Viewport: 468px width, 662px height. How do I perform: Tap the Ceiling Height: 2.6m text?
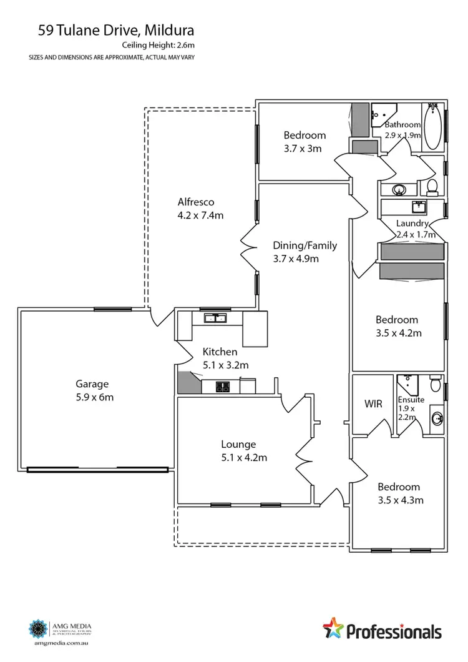click(158, 45)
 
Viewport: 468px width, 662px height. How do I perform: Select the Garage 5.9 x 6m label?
click(92, 390)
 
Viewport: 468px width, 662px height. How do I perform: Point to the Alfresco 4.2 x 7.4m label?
click(200, 209)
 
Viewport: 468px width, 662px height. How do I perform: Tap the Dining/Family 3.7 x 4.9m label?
click(305, 252)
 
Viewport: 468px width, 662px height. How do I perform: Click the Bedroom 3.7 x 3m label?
click(304, 141)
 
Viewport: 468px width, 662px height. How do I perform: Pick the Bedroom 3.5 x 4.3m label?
click(399, 493)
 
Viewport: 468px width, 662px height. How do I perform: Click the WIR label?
click(373, 404)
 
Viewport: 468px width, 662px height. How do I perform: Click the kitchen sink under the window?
click(216, 318)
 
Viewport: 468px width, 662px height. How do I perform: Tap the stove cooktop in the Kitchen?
click(223, 387)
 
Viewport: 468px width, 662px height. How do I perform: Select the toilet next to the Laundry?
click(432, 186)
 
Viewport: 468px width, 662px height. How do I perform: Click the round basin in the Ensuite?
click(435, 417)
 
